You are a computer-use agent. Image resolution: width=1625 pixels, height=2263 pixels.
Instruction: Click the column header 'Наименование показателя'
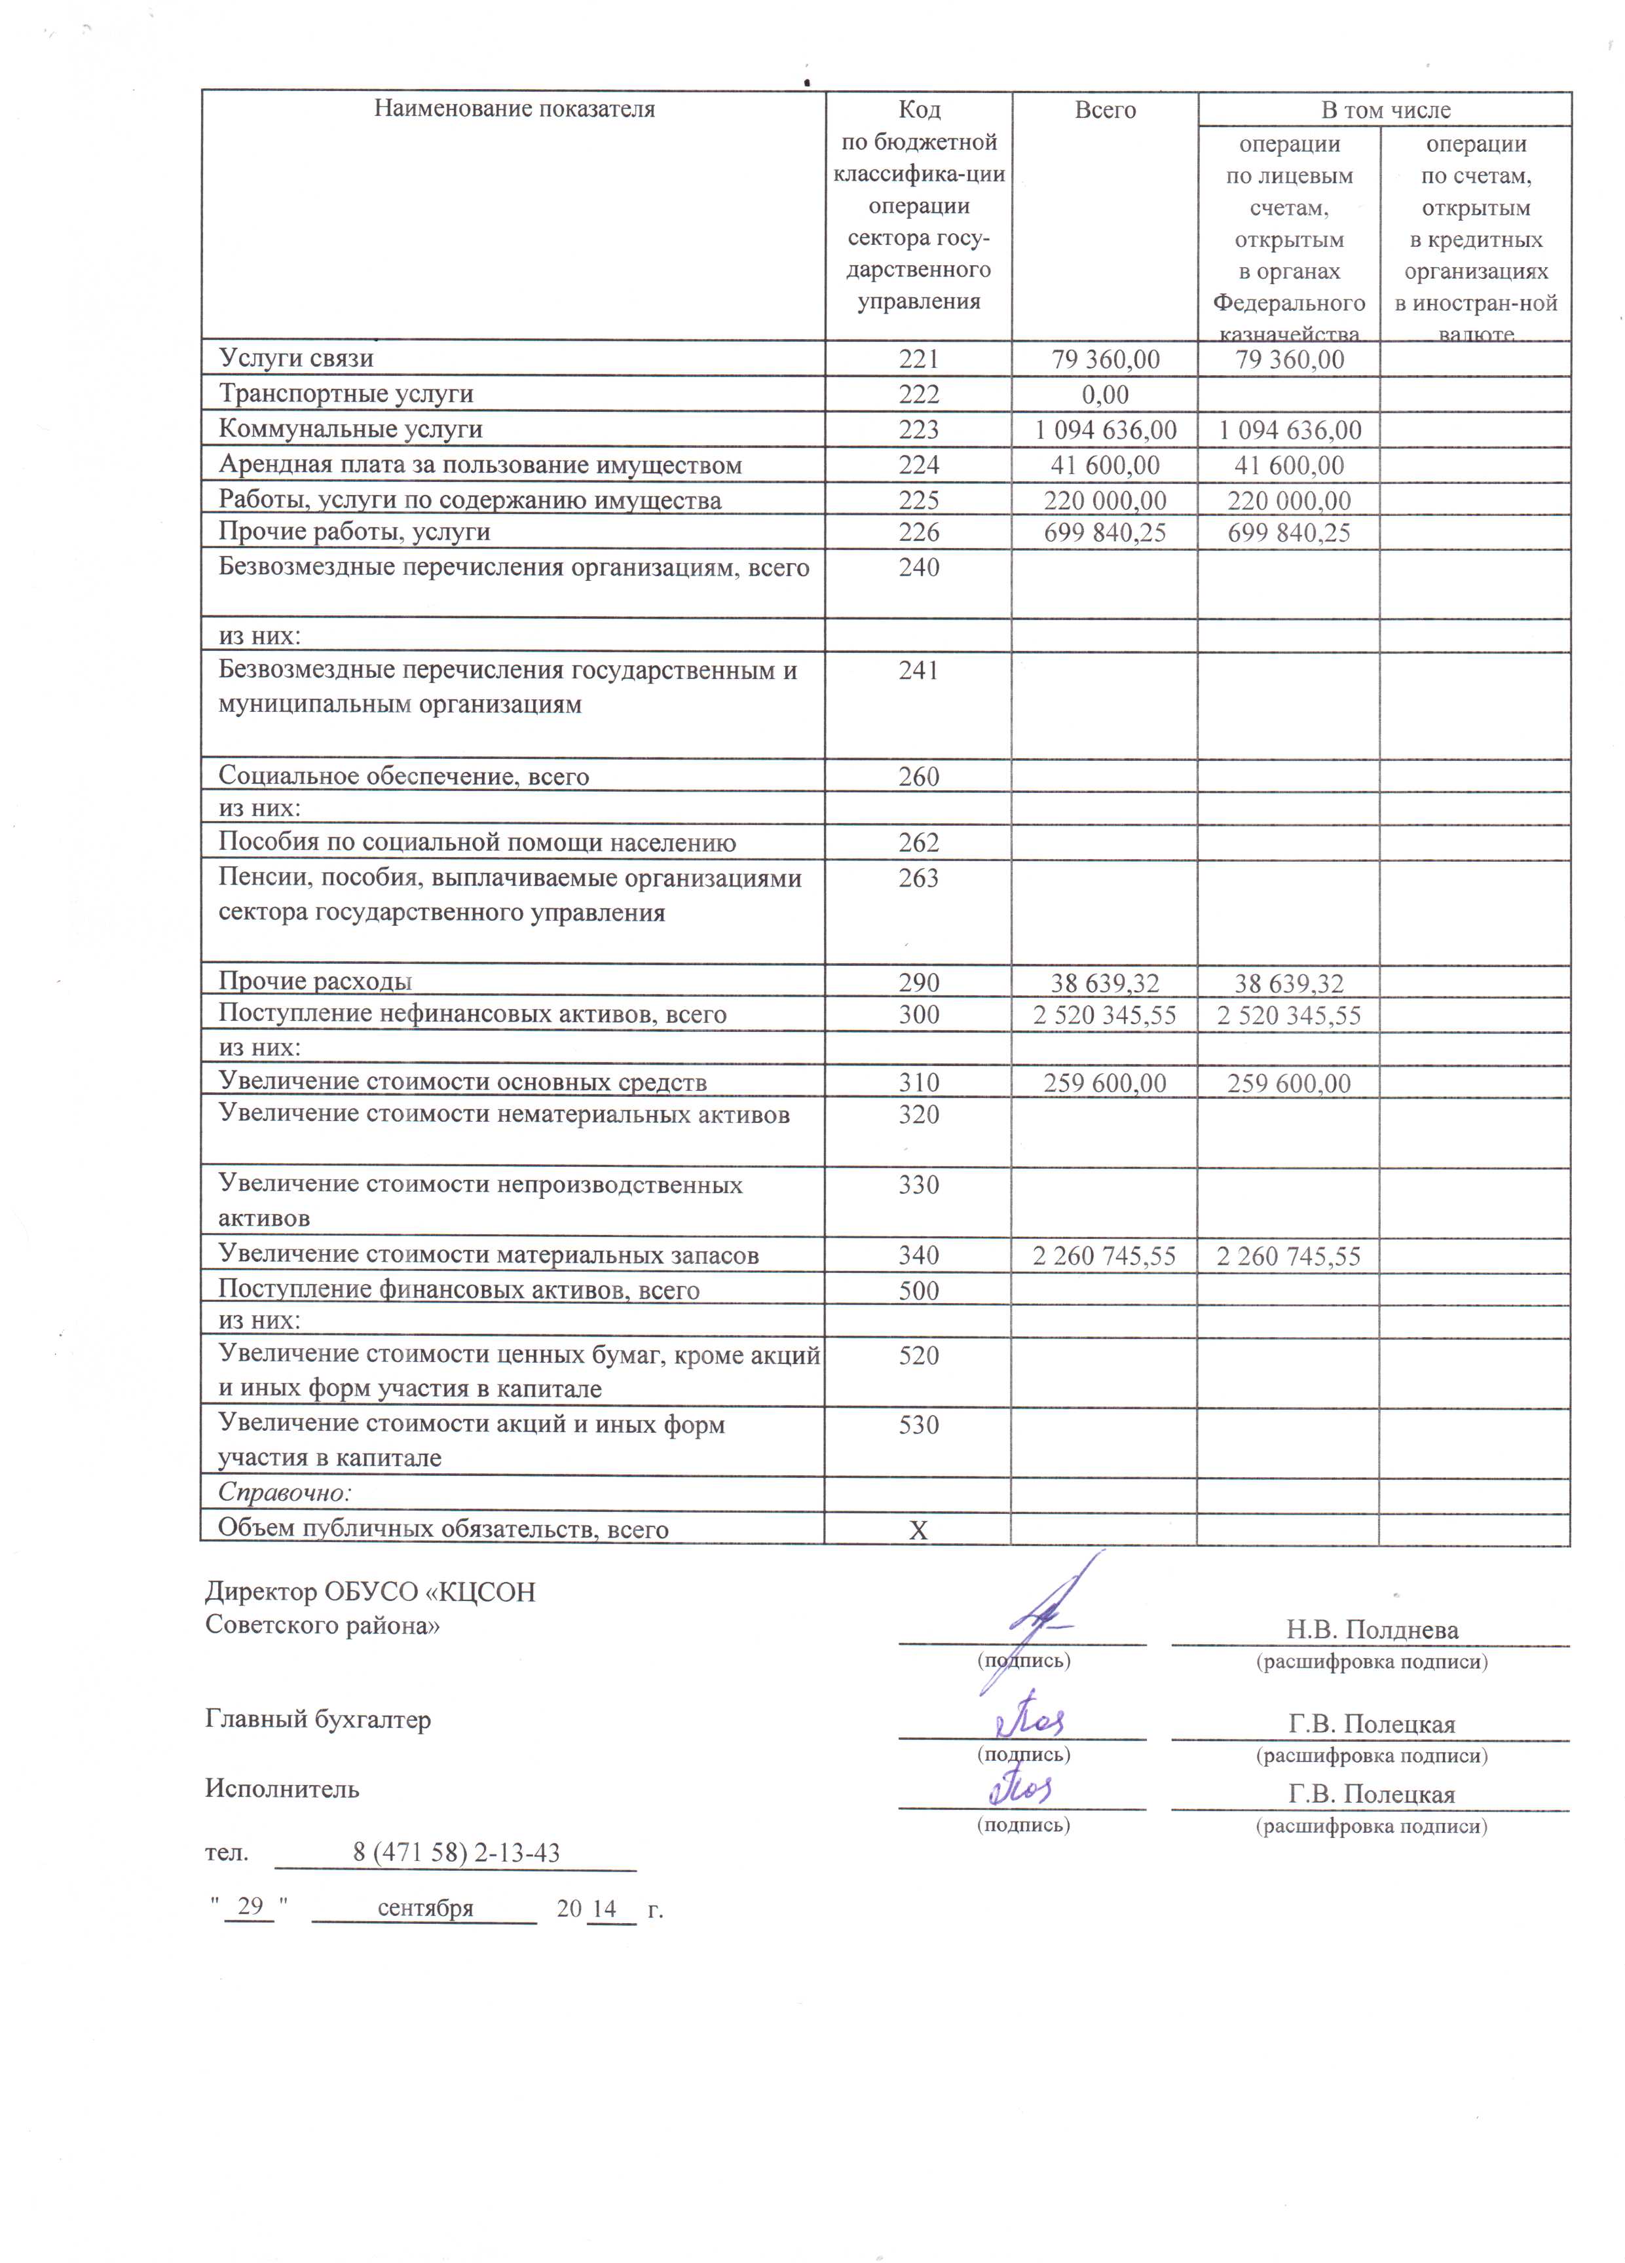514,109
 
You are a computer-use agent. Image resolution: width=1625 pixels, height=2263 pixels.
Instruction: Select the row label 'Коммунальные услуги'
350,429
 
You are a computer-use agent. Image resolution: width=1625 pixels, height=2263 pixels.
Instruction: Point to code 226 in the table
918,532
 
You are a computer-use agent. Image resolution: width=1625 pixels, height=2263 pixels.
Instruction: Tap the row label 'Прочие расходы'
316,982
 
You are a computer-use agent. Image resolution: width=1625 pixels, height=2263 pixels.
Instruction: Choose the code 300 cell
918,1015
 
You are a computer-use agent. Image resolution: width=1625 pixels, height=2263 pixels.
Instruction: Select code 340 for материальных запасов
918,1255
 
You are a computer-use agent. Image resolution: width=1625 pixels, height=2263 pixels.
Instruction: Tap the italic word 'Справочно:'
284,1493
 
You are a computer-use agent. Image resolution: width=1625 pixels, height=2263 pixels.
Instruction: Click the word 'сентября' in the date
425,1908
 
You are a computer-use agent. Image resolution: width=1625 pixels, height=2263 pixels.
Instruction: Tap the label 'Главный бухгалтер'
318,1720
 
